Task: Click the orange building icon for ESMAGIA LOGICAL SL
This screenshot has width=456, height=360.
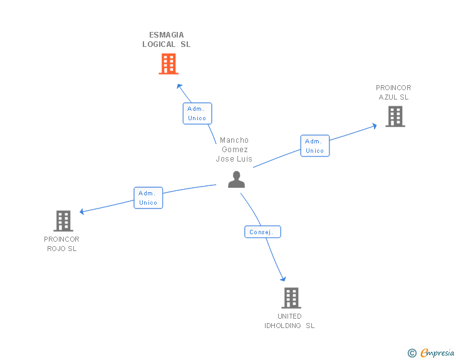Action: coord(168,64)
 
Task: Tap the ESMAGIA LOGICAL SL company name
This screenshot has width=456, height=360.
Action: coord(167,39)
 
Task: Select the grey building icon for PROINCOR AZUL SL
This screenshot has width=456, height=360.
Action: coord(395,116)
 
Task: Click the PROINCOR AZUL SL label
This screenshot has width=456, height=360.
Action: coord(393,92)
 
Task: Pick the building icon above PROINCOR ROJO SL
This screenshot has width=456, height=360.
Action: coord(63,221)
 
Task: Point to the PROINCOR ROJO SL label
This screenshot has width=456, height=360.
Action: coord(61,244)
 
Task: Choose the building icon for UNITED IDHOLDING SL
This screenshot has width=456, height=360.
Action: coord(291,298)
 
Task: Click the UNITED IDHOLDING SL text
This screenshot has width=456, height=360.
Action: coord(289,321)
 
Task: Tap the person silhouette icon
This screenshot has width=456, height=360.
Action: coord(236,180)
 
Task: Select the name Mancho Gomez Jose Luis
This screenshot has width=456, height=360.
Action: coord(234,150)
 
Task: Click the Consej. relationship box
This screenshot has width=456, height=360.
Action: coord(262,232)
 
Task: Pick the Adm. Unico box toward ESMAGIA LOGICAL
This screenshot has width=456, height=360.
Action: coord(197,113)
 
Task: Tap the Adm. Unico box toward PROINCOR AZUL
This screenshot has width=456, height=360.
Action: coord(315,146)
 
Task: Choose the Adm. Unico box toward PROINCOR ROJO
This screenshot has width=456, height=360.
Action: coord(148,198)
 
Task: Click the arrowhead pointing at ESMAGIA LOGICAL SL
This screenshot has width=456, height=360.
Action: coord(179,86)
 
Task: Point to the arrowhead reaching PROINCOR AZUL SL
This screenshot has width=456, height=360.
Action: coord(375,126)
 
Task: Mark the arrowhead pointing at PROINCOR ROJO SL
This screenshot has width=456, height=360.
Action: coord(82,212)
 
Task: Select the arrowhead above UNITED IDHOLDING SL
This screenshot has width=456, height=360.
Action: coord(283,279)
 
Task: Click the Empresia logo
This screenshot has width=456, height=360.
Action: coord(437,352)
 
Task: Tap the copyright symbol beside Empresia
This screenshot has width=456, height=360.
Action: coord(412,353)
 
